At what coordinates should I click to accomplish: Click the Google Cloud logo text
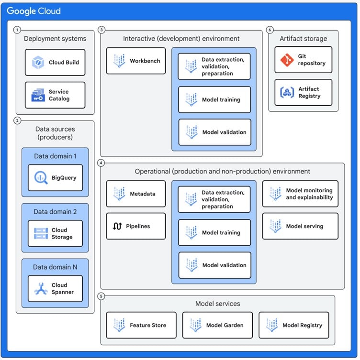(x=34, y=11)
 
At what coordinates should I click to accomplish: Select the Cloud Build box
(x=55, y=62)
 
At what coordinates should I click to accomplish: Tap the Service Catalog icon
(x=38, y=95)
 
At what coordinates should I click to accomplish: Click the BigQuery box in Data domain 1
(x=55, y=178)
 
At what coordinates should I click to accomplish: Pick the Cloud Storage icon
(x=41, y=233)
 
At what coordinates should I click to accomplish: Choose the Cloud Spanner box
(x=55, y=289)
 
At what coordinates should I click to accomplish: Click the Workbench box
(x=135, y=61)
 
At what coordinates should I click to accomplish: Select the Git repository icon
(x=287, y=60)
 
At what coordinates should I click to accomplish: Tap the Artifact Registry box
(x=303, y=92)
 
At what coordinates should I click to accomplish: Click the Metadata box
(x=135, y=194)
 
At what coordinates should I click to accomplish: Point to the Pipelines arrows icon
(x=117, y=226)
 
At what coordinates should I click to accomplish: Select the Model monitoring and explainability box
(x=300, y=194)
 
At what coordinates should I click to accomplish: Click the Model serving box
(x=300, y=226)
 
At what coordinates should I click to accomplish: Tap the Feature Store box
(x=141, y=325)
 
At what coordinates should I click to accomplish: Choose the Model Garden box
(x=218, y=325)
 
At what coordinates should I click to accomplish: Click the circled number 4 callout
(x=101, y=163)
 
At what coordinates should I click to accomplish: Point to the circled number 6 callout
(x=270, y=30)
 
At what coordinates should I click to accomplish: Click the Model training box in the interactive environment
(x=214, y=99)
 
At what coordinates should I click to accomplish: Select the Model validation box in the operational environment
(x=214, y=265)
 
